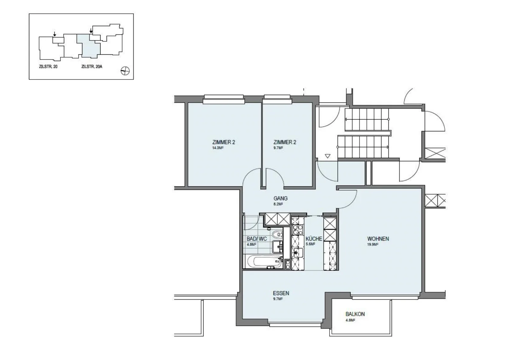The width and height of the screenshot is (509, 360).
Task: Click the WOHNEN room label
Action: pos(378,239)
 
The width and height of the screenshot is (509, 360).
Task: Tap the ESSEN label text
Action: pos(281,293)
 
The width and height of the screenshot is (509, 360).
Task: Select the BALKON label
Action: pos(355,314)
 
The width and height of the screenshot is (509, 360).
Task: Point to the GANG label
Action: pos(280,198)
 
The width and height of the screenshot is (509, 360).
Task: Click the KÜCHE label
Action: pos(314,239)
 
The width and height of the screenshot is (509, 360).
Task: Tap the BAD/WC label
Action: pos(257,239)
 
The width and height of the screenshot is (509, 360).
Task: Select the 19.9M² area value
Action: pos(373,245)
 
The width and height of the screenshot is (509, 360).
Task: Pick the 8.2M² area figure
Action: pos(278,204)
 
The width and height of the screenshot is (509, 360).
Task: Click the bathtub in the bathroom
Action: pos(265,261)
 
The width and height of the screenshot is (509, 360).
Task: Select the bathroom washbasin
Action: pos(277,247)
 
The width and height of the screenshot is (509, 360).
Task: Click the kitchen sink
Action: pos(297,253)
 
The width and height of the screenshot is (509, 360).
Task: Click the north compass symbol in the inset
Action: pos(125,71)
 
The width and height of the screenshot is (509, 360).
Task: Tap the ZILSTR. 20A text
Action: pos(92,67)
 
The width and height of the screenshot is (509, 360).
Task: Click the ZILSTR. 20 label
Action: pos(48,67)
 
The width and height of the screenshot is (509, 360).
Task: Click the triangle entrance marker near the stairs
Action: pos(327,156)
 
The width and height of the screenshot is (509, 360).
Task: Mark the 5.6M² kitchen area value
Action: pos(310,244)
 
